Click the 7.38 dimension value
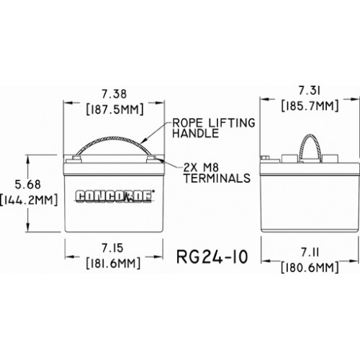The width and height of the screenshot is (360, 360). coord(114,94)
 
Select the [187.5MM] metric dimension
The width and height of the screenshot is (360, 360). coord(115,109)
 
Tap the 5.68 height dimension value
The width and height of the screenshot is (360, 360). coord(28,184)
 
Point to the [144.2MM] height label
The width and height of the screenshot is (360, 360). coord(29,199)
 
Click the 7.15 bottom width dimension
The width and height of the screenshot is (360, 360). coord(112,248)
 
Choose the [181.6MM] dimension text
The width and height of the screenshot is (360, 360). coord(113,264)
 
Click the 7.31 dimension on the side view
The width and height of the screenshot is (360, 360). coord(310,91)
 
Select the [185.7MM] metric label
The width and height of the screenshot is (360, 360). coord(310,106)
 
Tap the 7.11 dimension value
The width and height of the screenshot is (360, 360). coord(310,253)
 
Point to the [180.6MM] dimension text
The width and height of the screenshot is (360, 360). coord(310,267)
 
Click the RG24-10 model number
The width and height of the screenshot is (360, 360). coord(212,257)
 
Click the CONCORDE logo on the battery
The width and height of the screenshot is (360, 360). coord(114,197)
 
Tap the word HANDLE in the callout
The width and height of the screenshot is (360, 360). coord(196,133)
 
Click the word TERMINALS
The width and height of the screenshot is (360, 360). coord(217,178)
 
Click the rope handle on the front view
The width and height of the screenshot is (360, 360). coord(114,138)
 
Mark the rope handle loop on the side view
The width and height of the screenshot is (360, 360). coord(310,135)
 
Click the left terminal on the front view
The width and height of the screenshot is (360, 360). coord(76,158)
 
